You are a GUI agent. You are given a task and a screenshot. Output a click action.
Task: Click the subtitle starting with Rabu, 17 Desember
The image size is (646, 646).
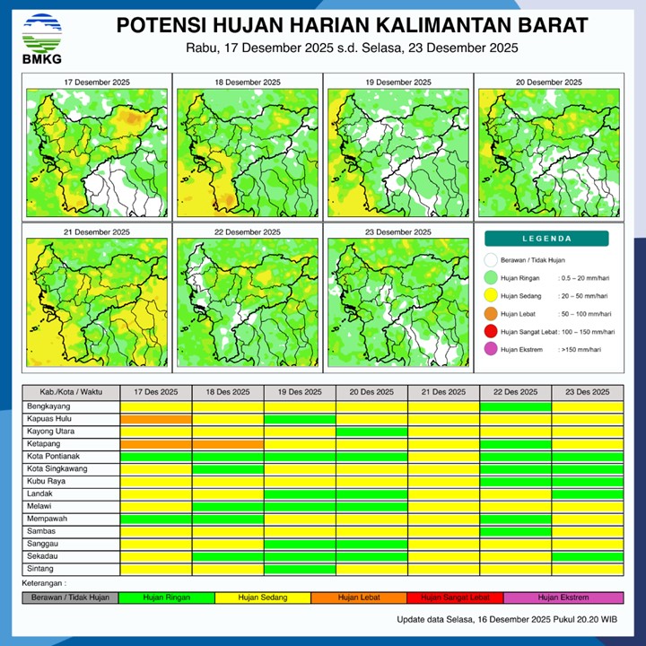pos(353,48)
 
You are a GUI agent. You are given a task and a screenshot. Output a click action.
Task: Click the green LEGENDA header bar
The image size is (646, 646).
pos(546,239)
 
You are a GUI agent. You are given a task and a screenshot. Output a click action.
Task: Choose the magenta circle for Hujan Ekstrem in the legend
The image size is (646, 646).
pos(490,349)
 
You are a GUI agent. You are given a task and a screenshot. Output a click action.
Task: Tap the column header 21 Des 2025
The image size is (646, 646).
pos(443,393)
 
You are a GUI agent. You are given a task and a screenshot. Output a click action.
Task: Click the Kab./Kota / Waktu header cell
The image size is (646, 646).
pos(71,393)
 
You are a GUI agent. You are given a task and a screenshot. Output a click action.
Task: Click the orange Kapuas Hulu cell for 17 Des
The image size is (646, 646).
pos(156,419)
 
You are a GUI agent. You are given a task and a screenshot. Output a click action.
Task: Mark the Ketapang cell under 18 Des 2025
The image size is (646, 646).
pos(228,444)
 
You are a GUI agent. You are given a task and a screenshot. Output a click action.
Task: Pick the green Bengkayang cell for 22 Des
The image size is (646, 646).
pos(515,406)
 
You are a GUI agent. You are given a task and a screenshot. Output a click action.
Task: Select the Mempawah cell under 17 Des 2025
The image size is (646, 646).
pos(156,519)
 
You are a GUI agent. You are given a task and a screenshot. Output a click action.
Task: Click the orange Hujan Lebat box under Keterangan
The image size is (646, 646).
pos(359,598)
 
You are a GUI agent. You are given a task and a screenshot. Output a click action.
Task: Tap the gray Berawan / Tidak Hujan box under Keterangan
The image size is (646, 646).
pos(70,598)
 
